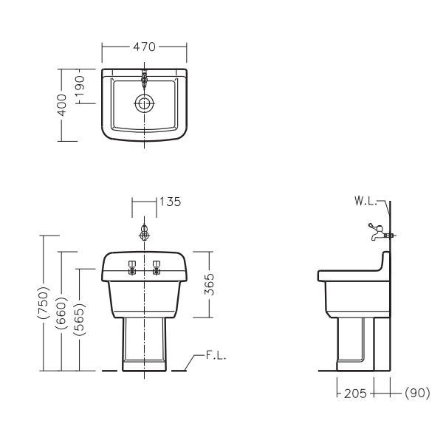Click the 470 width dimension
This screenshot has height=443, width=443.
(x=144, y=47)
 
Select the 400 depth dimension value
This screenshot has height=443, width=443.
(x=62, y=105)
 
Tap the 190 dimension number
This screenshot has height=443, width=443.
(x=80, y=86)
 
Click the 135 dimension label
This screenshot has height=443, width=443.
(x=170, y=202)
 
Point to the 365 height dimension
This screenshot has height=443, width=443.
(x=210, y=284)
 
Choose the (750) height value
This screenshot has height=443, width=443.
(x=44, y=303)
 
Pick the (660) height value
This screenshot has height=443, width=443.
(x=61, y=313)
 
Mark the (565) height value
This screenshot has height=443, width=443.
(x=80, y=320)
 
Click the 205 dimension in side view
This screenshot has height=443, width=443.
(x=355, y=394)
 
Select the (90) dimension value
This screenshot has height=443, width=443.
(x=417, y=393)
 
